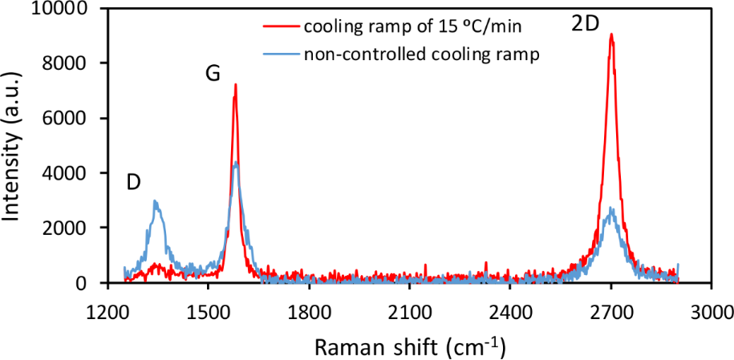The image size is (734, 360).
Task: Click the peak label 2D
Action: (585, 24)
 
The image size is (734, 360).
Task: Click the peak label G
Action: (213, 74)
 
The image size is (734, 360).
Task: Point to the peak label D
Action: (134, 182)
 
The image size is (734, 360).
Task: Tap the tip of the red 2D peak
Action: (611, 34)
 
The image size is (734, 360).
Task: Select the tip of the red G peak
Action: (235, 84)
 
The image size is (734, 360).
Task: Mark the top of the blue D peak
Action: (155, 201)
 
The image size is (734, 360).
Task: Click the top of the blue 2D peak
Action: (611, 208)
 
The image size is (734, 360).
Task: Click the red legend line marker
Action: (280, 26)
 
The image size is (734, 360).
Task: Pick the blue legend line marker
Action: (280, 55)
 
